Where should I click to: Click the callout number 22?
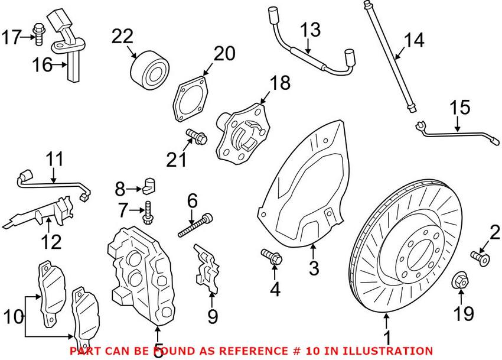123,37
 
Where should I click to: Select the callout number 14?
414,41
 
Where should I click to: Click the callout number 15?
460,108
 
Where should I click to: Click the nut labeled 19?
461,281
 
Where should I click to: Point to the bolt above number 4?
272,257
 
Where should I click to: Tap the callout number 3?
314,269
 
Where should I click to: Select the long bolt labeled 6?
195,226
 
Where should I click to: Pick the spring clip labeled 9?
205,269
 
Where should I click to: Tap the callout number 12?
51,242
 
